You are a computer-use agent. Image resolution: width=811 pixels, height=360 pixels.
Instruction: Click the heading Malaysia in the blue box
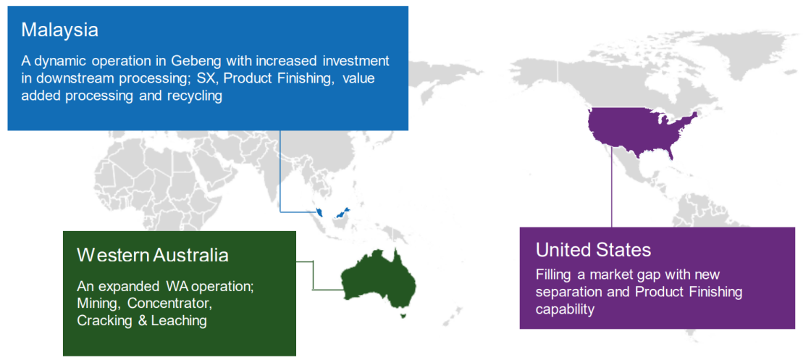[59, 30]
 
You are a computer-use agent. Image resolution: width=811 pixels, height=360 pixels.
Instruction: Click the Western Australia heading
[153, 254]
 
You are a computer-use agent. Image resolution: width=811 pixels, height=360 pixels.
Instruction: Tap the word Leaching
[180, 320]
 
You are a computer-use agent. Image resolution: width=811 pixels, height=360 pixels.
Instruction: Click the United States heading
[593, 251]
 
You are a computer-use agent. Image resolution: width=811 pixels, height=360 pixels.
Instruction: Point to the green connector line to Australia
[314, 275]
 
